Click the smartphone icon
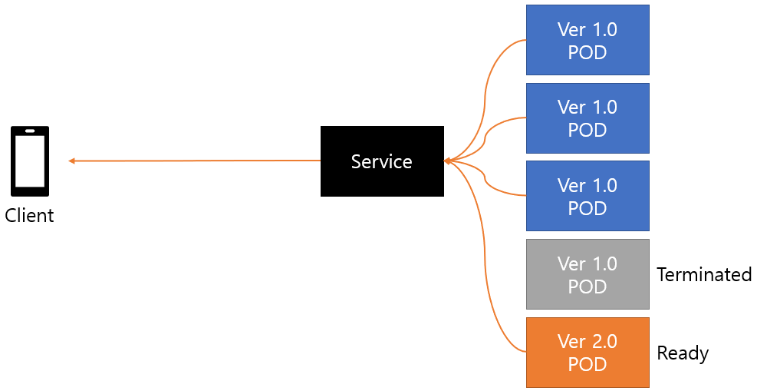(x=30, y=161)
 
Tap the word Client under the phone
(x=29, y=216)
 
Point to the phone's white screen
(x=30, y=161)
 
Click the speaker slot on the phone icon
(x=30, y=131)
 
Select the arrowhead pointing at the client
(x=71, y=161)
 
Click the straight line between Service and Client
(x=195, y=161)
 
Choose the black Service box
(x=382, y=161)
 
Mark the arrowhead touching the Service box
(x=447, y=161)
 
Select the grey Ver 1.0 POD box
(x=587, y=274)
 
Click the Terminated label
(x=704, y=274)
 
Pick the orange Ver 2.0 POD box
(x=587, y=353)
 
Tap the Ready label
(x=683, y=353)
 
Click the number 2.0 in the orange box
(x=604, y=341)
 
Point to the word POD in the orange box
(x=587, y=364)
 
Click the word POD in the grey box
(x=587, y=287)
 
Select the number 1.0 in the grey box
(x=604, y=263)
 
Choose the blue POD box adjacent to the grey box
(x=587, y=196)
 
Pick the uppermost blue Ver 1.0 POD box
(x=587, y=40)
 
